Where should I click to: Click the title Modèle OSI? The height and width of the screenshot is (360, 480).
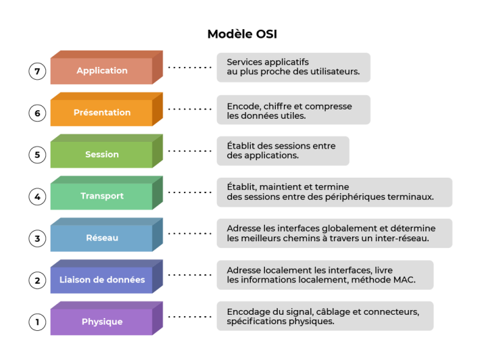point(241,34)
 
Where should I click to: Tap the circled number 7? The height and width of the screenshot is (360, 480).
point(37,71)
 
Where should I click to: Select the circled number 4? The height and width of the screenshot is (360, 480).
point(37,197)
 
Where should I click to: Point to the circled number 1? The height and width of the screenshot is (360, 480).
point(37,322)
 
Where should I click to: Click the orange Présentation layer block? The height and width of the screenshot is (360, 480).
point(102,113)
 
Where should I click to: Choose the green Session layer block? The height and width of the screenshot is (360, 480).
point(102,155)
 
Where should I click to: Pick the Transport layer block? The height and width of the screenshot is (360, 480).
point(102,197)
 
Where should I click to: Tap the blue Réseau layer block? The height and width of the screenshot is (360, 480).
point(102,238)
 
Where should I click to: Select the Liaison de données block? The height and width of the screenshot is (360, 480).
point(102,280)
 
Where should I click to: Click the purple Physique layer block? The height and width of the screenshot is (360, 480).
point(102,322)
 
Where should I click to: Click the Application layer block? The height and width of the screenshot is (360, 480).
point(102,71)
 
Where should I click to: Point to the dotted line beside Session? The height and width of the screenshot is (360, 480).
point(189,151)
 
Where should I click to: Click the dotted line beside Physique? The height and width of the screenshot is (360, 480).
point(189,317)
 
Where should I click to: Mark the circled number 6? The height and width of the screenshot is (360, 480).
point(37,113)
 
